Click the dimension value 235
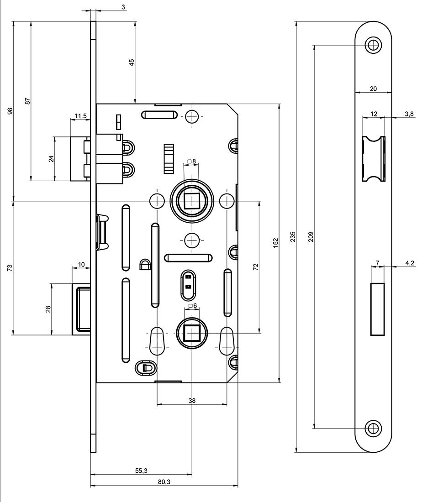293,236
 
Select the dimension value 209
311,236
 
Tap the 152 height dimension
275,242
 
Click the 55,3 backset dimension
141,471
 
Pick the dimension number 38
192,400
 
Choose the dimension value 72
256,267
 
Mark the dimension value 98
10,111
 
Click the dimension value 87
27,101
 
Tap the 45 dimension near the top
132,63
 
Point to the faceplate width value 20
373,89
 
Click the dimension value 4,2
409,263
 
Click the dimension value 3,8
409,114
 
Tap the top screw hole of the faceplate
374,45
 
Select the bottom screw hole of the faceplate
374,428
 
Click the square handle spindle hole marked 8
192,199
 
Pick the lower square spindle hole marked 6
192,334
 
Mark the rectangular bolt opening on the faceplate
377,309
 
